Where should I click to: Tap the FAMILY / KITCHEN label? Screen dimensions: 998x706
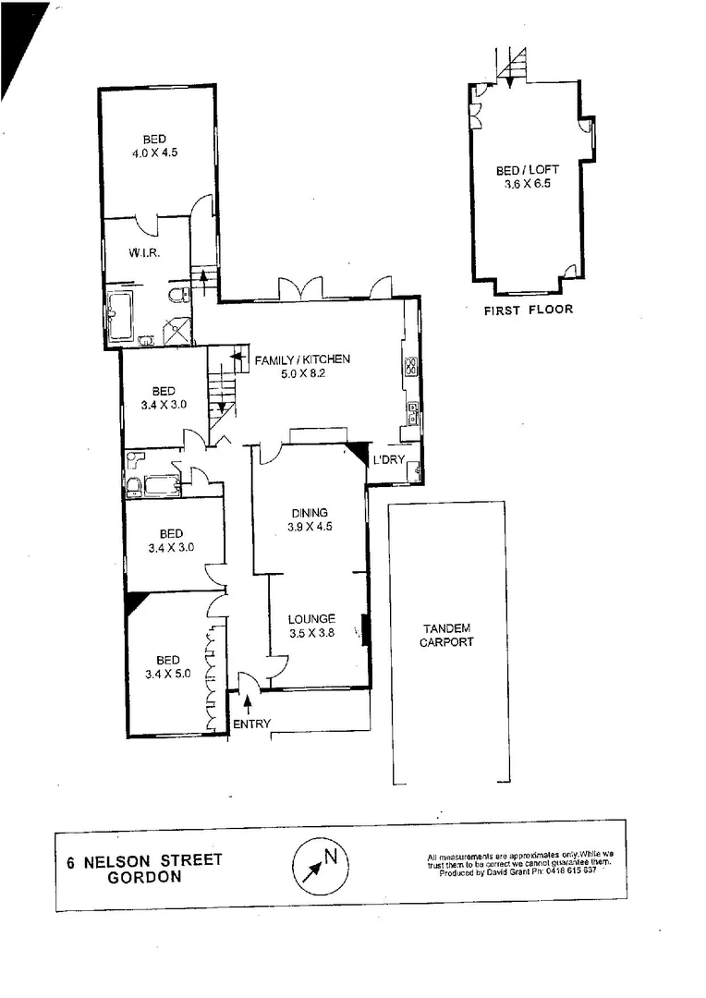[303, 359]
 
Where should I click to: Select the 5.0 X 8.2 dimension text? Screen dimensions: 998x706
[303, 375]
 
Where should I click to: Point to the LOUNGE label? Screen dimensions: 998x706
[310, 619]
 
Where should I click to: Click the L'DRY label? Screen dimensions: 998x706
[389, 459]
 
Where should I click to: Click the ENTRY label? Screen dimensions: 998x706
[251, 724]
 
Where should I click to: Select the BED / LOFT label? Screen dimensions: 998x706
[527, 170]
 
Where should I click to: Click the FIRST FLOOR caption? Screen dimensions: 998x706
[528, 310]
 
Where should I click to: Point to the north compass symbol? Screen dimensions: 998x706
[320, 863]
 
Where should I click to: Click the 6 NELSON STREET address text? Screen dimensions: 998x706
[145, 860]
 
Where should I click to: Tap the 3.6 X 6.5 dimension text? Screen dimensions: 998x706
[527, 185]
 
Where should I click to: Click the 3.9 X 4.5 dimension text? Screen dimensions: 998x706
[310, 528]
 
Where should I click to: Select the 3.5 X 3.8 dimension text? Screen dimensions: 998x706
[310, 634]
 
